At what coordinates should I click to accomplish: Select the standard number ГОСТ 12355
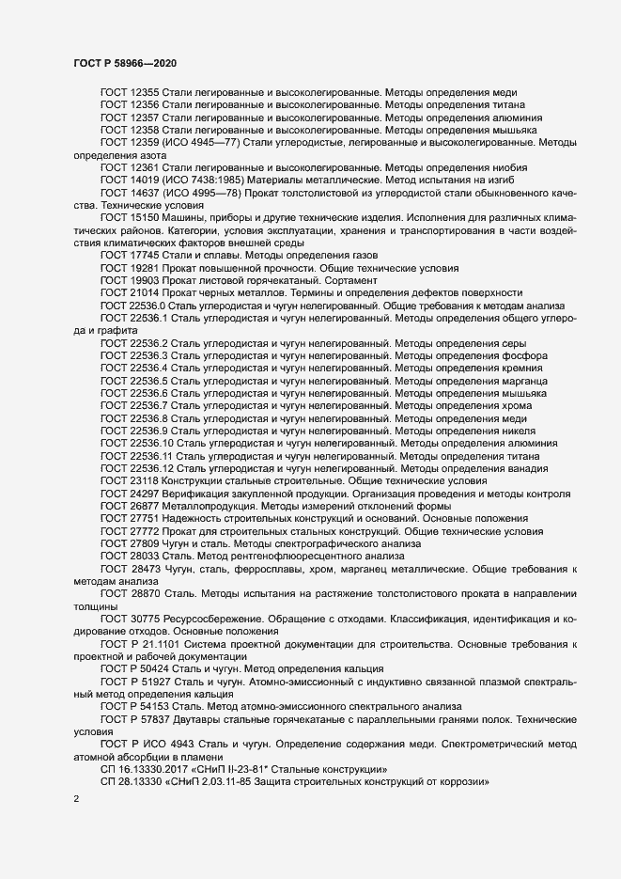pos(130,94)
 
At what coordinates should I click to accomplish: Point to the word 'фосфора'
pos(516,356)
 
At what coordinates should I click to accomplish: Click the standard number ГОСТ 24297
pos(130,493)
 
